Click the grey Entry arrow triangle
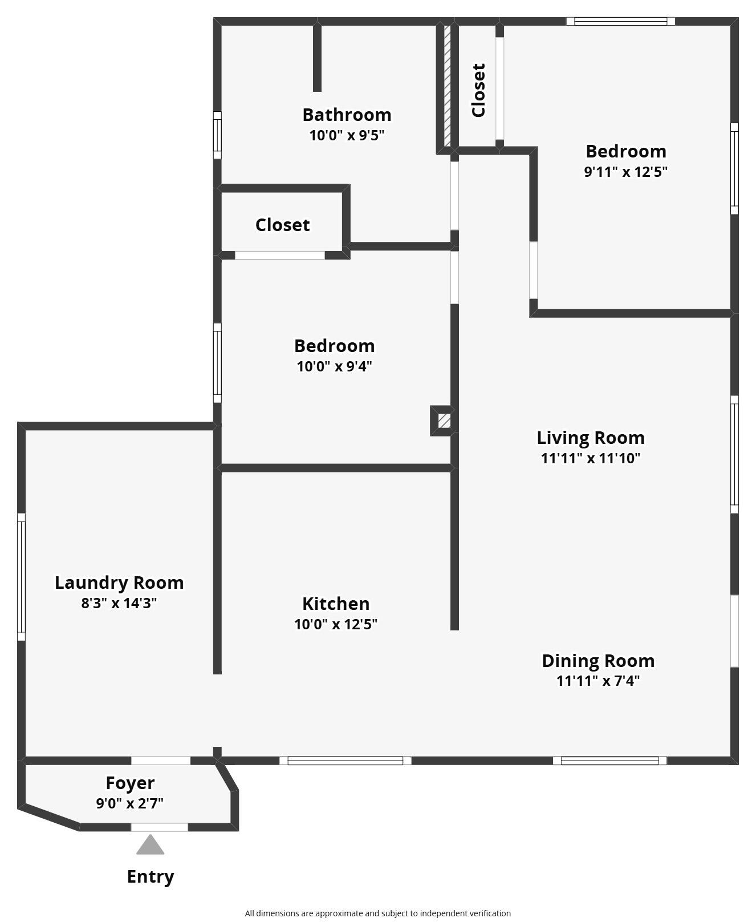point(151,845)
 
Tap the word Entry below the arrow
point(151,876)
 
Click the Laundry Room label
point(119,583)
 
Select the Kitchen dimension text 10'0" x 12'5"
point(336,624)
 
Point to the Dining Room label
point(598,661)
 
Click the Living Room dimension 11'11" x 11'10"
point(591,458)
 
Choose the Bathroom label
point(347,115)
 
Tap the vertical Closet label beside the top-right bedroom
point(478,90)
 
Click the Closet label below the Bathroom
point(282,225)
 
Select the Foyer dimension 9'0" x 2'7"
point(130,803)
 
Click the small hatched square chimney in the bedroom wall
point(444,421)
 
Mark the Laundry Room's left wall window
point(21,576)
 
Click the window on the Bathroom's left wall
point(217,135)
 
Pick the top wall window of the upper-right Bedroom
point(620,22)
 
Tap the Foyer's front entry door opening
point(160,827)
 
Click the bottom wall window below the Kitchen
point(345,761)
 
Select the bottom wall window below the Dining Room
point(609,761)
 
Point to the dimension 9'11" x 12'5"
point(625,172)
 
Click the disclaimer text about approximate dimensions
point(377,913)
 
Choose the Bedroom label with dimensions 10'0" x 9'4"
point(335,346)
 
